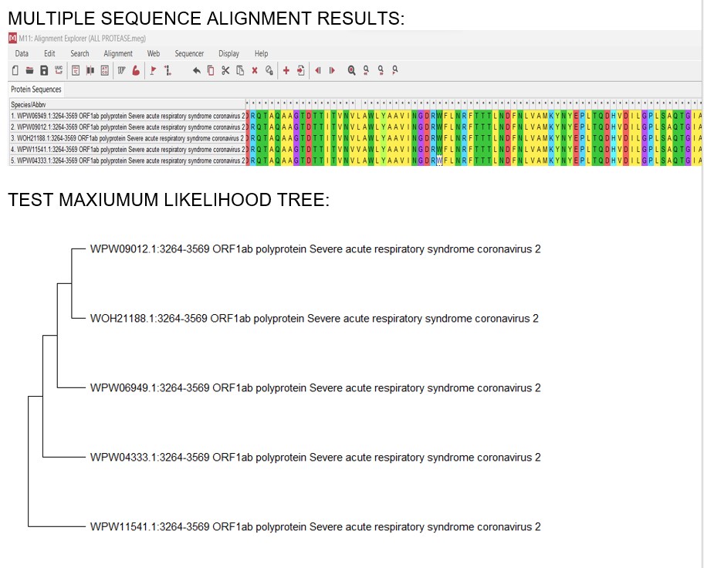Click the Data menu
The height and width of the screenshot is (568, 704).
(x=22, y=54)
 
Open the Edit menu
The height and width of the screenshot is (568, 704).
(x=49, y=54)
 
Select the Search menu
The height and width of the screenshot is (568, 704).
(x=80, y=54)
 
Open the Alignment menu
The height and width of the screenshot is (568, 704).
(x=118, y=54)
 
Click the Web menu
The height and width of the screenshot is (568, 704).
(x=154, y=54)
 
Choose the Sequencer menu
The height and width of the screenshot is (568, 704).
(x=189, y=54)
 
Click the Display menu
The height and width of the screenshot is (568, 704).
(x=228, y=54)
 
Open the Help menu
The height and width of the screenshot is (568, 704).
(x=261, y=54)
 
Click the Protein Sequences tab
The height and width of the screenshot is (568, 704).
(x=36, y=90)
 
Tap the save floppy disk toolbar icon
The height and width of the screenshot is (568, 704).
(x=45, y=70)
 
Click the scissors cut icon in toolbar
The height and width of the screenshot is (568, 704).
(x=225, y=70)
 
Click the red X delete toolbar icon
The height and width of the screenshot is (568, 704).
(x=254, y=70)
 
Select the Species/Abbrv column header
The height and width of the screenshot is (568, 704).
(x=29, y=104)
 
